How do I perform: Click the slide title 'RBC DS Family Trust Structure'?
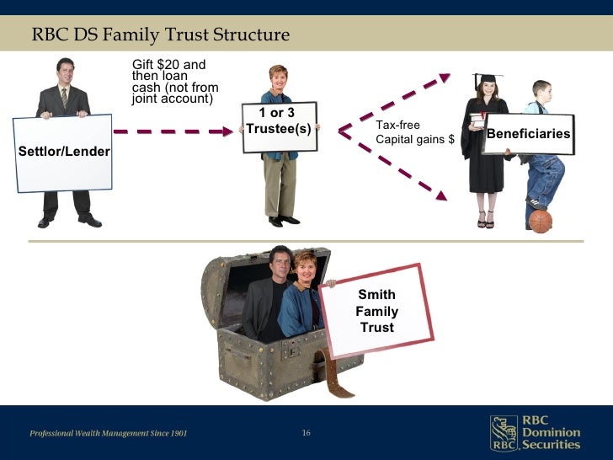(x=160, y=35)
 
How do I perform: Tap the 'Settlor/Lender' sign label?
(x=59, y=151)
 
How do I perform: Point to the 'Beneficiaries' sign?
(x=529, y=134)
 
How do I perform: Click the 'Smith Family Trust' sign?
(x=376, y=311)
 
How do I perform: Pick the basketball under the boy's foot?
(x=540, y=221)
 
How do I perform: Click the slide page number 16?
(x=306, y=433)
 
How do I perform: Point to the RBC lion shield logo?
(x=504, y=433)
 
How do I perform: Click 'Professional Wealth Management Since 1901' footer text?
(x=109, y=433)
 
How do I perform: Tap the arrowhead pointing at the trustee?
(x=228, y=131)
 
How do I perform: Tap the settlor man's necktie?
(x=64, y=98)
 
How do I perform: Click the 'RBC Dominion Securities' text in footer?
(x=551, y=433)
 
